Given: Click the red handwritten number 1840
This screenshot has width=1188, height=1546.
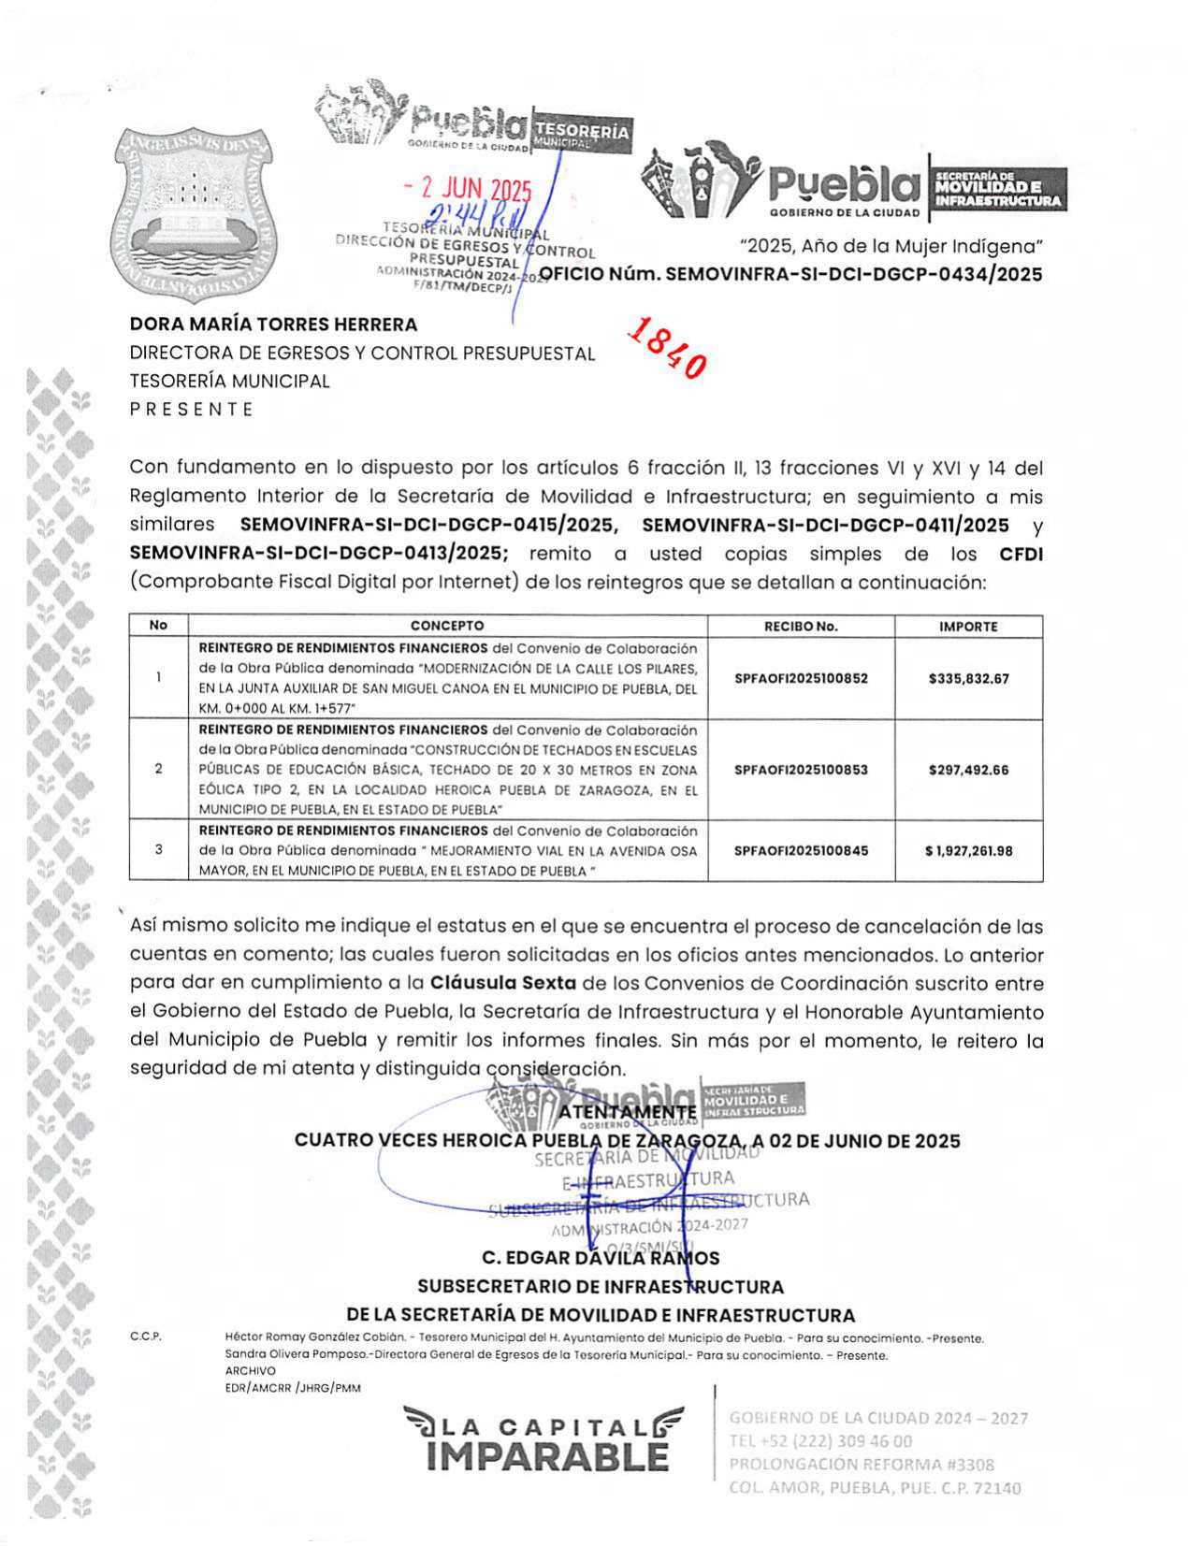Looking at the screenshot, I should pyautogui.click(x=667, y=346).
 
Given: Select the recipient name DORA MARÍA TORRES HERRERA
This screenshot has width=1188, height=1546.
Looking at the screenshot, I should pyautogui.click(x=273, y=325).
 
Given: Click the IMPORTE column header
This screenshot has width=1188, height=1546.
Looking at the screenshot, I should pyautogui.click(x=968, y=627).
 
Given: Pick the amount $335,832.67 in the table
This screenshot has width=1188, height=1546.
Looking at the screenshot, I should pyautogui.click(x=968, y=679).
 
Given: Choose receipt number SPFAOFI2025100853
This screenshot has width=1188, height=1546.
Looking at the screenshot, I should pyautogui.click(x=801, y=770).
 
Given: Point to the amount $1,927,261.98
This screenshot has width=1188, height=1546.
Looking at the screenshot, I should pyautogui.click(x=968, y=851).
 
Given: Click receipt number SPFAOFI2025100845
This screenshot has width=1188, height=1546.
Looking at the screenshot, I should pyautogui.click(x=801, y=851).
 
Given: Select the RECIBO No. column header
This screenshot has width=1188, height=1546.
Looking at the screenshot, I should pyautogui.click(x=801, y=627).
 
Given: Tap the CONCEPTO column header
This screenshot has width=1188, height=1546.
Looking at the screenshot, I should pyautogui.click(x=447, y=626).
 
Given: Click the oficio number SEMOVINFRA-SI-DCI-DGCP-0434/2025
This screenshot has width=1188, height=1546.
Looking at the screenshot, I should pyautogui.click(x=790, y=274).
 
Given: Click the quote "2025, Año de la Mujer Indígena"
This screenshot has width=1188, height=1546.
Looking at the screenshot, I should pyautogui.click(x=891, y=247).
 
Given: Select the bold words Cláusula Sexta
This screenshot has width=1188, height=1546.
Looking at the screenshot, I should pyautogui.click(x=503, y=984).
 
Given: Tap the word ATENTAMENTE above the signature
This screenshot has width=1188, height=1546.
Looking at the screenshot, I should pyautogui.click(x=628, y=1112).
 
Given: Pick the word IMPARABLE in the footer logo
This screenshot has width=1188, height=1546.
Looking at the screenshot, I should pyautogui.click(x=547, y=1457).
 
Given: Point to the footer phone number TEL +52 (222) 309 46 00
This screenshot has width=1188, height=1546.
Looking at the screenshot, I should pyautogui.click(x=820, y=1441).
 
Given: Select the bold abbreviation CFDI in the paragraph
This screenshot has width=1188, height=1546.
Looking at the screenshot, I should pyautogui.click(x=1021, y=554).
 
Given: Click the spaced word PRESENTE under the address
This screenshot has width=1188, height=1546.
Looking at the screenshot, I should pyautogui.click(x=192, y=410).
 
